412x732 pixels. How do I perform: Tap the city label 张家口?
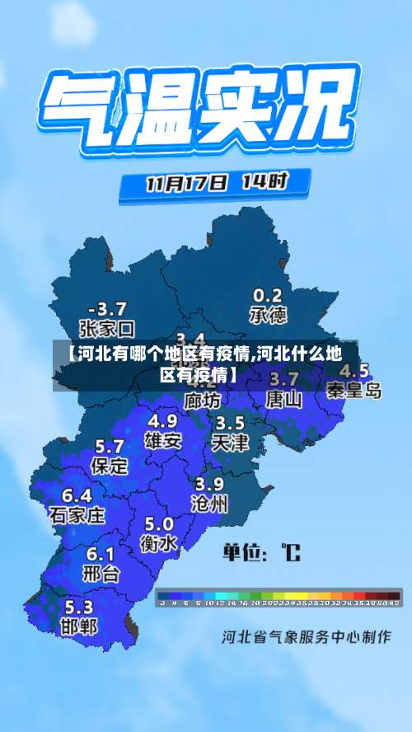point(106,328)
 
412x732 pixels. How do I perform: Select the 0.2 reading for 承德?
point(268,295)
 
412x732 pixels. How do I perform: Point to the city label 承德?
point(268,315)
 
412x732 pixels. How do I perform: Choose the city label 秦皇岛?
point(353,390)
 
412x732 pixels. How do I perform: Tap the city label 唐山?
point(284,400)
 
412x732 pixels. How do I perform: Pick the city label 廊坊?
point(203,401)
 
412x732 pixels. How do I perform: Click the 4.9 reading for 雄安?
point(163,421)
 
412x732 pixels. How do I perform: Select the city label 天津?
point(230,442)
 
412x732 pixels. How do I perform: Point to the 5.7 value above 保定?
point(110,446)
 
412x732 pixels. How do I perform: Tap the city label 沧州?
point(210,504)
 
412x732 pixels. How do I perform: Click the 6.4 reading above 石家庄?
point(77,496)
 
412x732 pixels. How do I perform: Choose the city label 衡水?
point(159,543)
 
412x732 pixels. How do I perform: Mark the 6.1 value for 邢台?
point(101,554)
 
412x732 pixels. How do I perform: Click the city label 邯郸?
point(79,626)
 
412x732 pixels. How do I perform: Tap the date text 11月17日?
point(185,182)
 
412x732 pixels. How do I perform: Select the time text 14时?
point(264,181)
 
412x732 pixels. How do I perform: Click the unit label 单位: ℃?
point(261,551)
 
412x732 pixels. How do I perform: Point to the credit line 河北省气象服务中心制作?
point(306,637)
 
